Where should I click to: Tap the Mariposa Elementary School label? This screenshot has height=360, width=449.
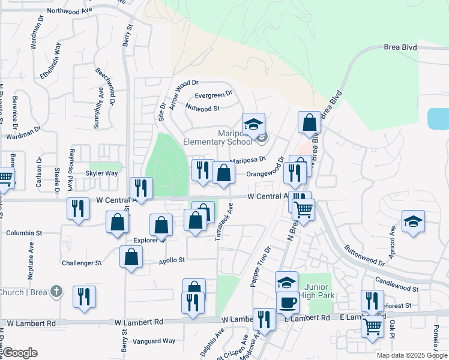click(218, 138)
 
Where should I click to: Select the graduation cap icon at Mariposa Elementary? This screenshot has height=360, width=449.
click(253, 124)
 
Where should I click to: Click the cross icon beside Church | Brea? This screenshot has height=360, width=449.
click(56, 292)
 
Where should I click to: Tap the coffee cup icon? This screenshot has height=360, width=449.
click(287, 302)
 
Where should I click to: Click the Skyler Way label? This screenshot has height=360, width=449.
click(101, 173)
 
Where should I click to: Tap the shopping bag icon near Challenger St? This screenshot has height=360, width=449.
click(131, 257)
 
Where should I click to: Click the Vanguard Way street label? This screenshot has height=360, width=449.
click(154, 341)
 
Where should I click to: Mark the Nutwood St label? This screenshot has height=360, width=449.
click(202, 109)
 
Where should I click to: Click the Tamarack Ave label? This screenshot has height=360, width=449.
click(228, 222)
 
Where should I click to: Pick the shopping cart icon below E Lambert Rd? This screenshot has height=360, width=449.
click(372, 326)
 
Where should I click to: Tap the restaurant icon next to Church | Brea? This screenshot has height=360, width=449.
click(84, 296)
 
